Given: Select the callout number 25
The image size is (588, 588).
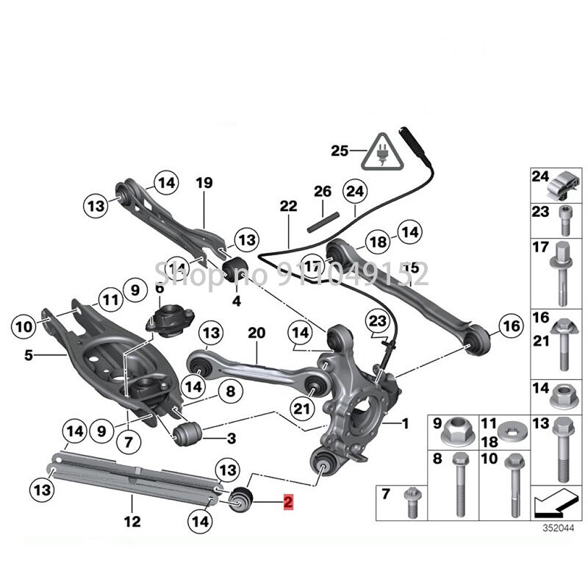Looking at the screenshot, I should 339,152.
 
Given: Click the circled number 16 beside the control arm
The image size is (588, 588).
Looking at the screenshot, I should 509,323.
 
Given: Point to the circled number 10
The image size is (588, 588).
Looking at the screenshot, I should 24,324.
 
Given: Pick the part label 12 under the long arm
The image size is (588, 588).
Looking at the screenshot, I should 132,523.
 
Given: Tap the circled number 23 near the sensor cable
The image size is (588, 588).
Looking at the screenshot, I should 377,320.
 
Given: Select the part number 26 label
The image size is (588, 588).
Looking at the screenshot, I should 323,192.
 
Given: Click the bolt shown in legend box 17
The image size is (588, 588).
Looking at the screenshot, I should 562,271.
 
